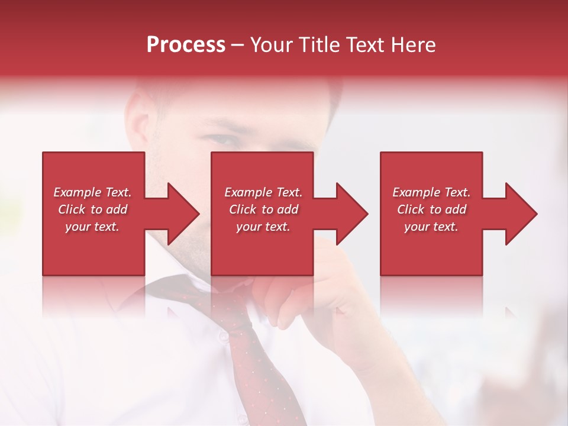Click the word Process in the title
[186, 45]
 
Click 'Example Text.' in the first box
[93, 192]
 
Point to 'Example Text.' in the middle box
[263, 192]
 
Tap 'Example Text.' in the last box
[431, 192]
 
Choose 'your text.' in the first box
[92, 227]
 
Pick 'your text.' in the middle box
[263, 227]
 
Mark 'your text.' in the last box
[431, 227]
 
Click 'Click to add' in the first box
[93, 209]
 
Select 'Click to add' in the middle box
[263, 209]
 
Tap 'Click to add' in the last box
[431, 209]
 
